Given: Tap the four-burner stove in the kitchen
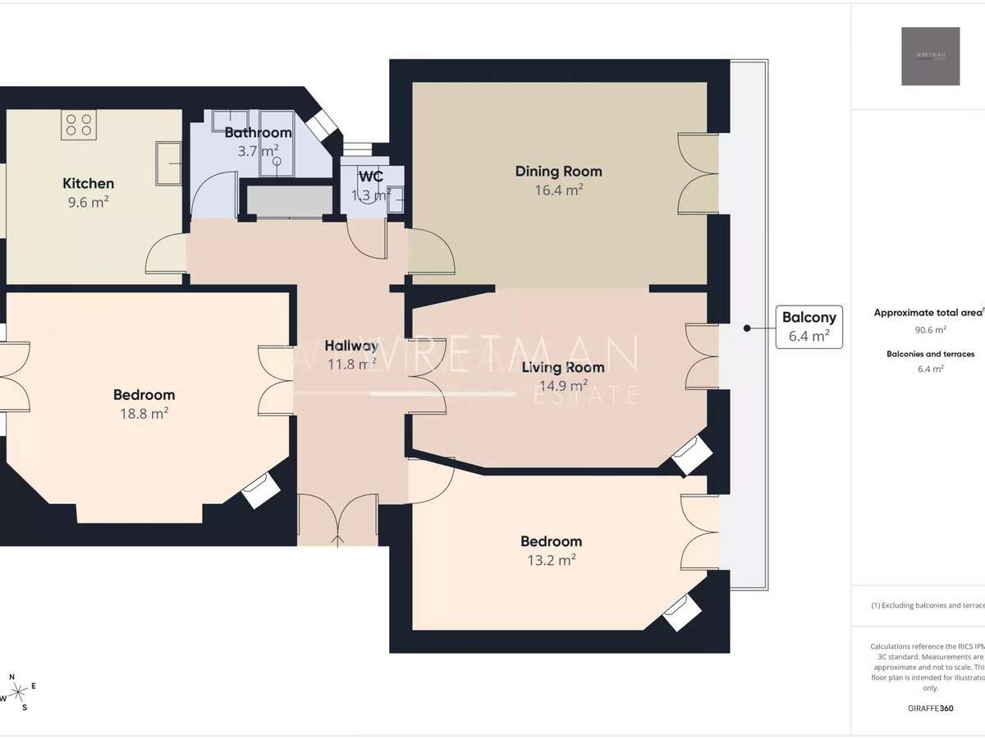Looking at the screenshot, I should (x=79, y=125).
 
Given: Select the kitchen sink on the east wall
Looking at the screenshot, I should (x=168, y=163).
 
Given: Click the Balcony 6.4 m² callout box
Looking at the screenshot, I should (x=809, y=325).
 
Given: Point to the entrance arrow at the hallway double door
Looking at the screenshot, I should (x=338, y=539).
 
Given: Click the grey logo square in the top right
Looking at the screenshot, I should (x=930, y=56).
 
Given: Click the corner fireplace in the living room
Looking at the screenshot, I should (x=689, y=454).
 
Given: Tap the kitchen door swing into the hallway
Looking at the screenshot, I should (x=166, y=255).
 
